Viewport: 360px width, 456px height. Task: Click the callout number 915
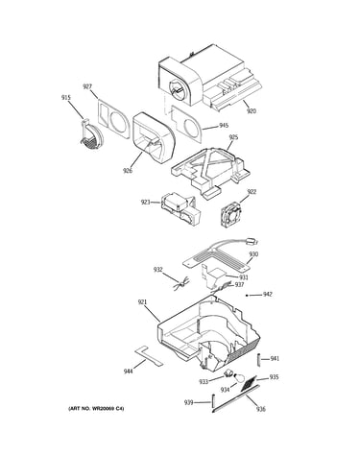coord(66,98)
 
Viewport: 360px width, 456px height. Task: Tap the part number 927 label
coord(87,86)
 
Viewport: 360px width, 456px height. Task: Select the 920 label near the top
coord(252,111)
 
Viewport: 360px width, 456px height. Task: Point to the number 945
coord(224,126)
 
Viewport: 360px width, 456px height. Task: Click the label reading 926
coord(128,171)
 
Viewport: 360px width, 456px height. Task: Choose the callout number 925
coord(233,137)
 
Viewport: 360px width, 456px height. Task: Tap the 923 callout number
coord(146,203)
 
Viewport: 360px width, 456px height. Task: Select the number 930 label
coord(253,254)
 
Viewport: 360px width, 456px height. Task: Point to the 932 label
coord(158,270)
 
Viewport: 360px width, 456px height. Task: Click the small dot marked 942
coord(247,296)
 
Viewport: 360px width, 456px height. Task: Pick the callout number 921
coord(142,301)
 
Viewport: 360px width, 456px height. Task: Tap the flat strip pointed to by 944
coord(149,355)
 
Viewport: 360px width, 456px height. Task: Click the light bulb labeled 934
coord(239,378)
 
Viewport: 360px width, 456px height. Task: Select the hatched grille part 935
coord(250,383)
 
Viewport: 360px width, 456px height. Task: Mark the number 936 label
coord(261,409)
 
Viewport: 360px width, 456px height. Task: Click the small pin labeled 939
coord(213,401)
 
